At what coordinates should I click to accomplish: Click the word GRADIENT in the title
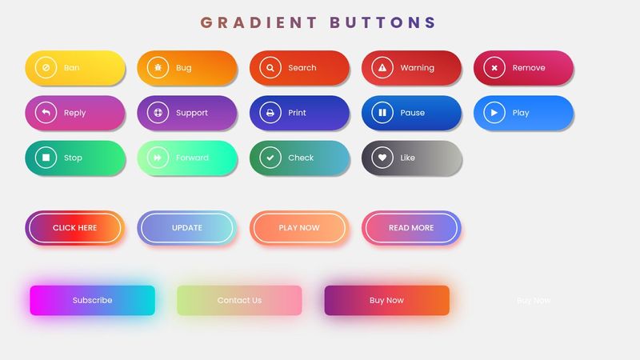click(x=258, y=22)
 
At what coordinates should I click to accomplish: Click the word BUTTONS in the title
click(x=383, y=22)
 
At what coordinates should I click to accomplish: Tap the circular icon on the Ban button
click(x=46, y=68)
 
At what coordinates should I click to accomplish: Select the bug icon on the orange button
click(x=158, y=68)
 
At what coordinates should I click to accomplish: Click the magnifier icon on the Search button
click(x=270, y=68)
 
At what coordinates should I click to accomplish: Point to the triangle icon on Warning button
click(x=382, y=68)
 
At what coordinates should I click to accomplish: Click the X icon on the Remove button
click(x=494, y=68)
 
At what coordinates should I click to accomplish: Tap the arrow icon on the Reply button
click(x=46, y=113)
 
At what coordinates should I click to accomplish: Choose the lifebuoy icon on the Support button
click(x=158, y=113)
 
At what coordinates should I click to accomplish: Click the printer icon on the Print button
click(x=270, y=113)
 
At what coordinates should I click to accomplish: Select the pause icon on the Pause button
click(x=382, y=113)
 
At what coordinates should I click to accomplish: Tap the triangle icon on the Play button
click(x=494, y=113)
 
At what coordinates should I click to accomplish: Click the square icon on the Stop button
click(x=46, y=158)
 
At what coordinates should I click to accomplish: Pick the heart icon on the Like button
click(x=382, y=158)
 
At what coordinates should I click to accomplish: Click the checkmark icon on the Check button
click(x=270, y=158)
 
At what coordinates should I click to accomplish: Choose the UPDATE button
click(x=187, y=228)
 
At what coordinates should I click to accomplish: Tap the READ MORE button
click(x=411, y=228)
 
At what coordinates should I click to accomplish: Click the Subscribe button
click(x=92, y=301)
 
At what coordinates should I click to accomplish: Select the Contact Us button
click(x=239, y=301)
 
